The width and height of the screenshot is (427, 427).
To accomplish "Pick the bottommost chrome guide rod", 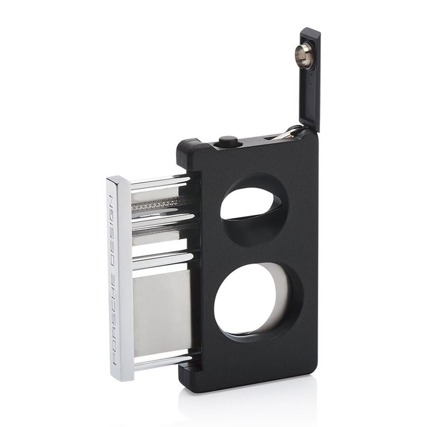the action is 162,362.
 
